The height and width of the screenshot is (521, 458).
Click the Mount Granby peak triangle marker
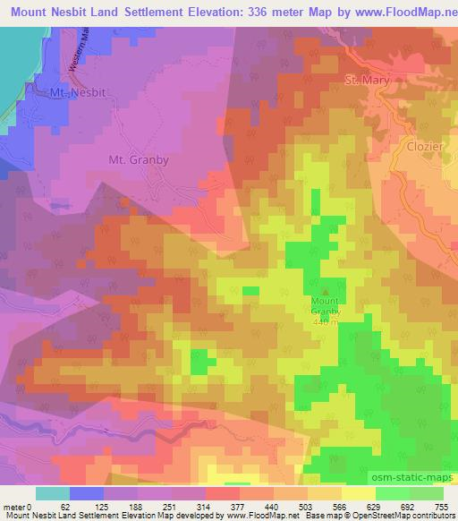pyautogui.click(x=326, y=290)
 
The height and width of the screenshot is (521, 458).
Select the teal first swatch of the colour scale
pyautogui.click(x=53, y=493)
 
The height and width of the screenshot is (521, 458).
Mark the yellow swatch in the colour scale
pyautogui.click(x=359, y=493)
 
